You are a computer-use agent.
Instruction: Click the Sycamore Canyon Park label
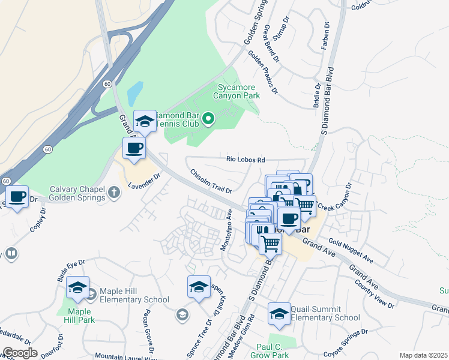click(x=238, y=91)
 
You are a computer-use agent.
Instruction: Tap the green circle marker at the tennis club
click(x=208, y=119)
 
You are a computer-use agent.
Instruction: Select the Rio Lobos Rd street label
click(x=246, y=160)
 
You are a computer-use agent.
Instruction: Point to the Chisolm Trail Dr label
click(x=211, y=182)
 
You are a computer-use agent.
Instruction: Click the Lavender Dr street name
click(x=145, y=182)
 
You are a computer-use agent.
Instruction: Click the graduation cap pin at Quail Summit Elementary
click(x=279, y=314)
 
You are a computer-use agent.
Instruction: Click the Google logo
click(x=19, y=353)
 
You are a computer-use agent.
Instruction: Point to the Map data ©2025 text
click(x=423, y=355)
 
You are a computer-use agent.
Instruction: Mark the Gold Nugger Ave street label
click(x=351, y=253)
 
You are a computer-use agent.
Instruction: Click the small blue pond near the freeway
click(x=135, y=93)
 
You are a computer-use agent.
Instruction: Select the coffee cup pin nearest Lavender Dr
click(x=134, y=148)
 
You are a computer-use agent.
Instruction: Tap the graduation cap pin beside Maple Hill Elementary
click(x=77, y=289)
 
